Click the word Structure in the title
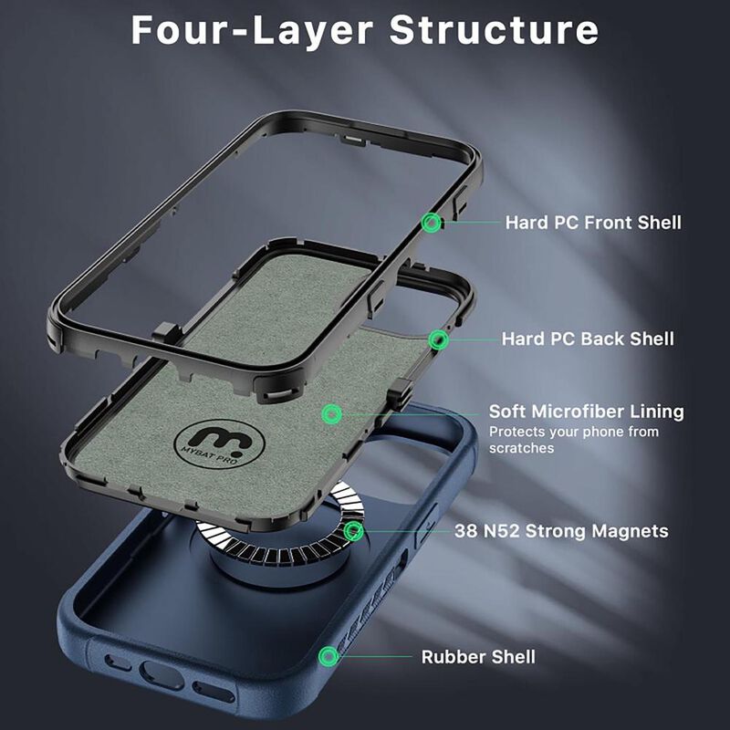495,29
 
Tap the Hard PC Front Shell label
593,222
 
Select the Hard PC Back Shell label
588,339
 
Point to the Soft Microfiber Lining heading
586,412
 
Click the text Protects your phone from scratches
573,440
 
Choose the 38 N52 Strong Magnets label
561,531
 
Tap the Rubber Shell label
478,657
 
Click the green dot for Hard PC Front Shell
432,222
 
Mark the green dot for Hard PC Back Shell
440,340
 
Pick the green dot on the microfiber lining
332,414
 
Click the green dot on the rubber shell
327,656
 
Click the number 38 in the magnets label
467,531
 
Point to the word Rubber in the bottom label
452,657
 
